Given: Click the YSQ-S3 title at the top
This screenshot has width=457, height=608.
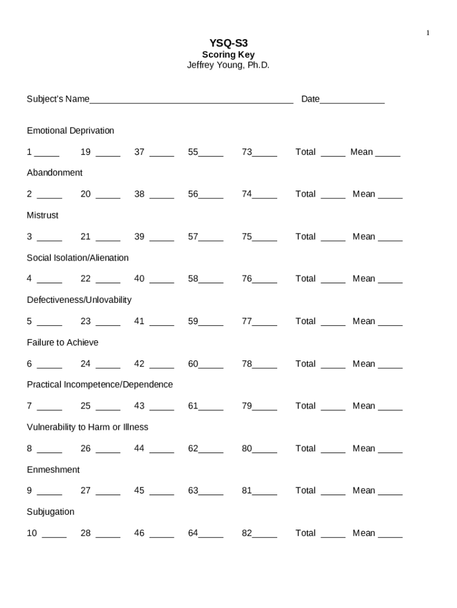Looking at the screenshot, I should pos(228,43).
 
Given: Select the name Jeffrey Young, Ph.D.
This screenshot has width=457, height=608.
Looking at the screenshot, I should pos(228,65).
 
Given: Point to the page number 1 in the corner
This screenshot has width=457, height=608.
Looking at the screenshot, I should pos(427,33).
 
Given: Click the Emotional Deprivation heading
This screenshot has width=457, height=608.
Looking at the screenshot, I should pos(70,131).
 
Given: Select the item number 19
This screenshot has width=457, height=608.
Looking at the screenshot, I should pos(85,152).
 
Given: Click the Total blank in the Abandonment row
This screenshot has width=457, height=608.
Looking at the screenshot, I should pos(333,195).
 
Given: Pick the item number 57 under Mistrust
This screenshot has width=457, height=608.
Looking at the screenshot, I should pos(193,236).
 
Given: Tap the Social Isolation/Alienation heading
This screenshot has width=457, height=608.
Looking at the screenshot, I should pos(77,258).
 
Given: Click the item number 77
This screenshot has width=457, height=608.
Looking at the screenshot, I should pos(247,321).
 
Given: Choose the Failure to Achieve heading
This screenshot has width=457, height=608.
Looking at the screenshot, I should pos(62,343).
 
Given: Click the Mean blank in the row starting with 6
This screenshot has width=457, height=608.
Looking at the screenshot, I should pos(390,365).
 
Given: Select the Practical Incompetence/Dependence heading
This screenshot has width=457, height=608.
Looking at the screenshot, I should pos(100,385).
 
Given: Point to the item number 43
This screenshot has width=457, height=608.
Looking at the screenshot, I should pos(139,406).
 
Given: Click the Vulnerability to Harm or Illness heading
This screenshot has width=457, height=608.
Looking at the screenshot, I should pos(87,427).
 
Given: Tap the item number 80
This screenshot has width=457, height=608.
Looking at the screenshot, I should pos(247,448).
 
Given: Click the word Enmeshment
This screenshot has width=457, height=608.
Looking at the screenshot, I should pos(53,470).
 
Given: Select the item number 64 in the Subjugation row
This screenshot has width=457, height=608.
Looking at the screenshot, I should pos(193,533).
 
